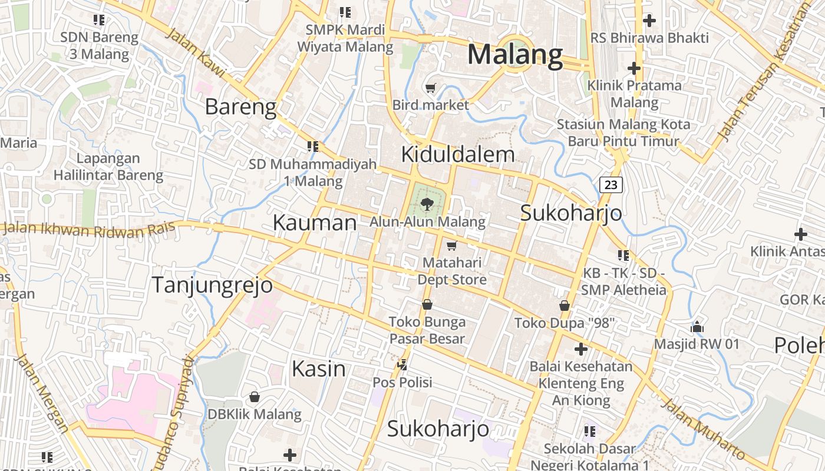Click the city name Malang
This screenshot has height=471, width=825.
tap(515, 55)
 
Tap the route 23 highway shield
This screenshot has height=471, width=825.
tap(611, 185)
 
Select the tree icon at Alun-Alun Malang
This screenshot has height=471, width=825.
tap(427, 204)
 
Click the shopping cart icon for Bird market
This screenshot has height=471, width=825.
tap(431, 88)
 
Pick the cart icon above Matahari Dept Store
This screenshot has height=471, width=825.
tap(452, 245)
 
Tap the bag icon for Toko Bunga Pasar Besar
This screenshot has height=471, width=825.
tap(427, 304)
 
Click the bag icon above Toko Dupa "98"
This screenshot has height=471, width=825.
tap(565, 306)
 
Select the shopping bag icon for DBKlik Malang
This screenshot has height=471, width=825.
tap(255, 397)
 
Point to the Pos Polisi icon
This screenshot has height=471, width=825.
tap(402, 365)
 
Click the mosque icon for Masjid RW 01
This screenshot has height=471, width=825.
tap(697, 326)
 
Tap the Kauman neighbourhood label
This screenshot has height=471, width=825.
tap(315, 223)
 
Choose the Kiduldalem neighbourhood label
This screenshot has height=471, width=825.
tap(457, 154)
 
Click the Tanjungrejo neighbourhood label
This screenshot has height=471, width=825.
tap(212, 285)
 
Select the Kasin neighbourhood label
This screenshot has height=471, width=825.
tap(319, 369)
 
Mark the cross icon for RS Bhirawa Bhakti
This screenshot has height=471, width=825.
tap(649, 21)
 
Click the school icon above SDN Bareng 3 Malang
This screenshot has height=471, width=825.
tap(99, 19)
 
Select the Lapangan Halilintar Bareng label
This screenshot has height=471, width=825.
tap(108, 167)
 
